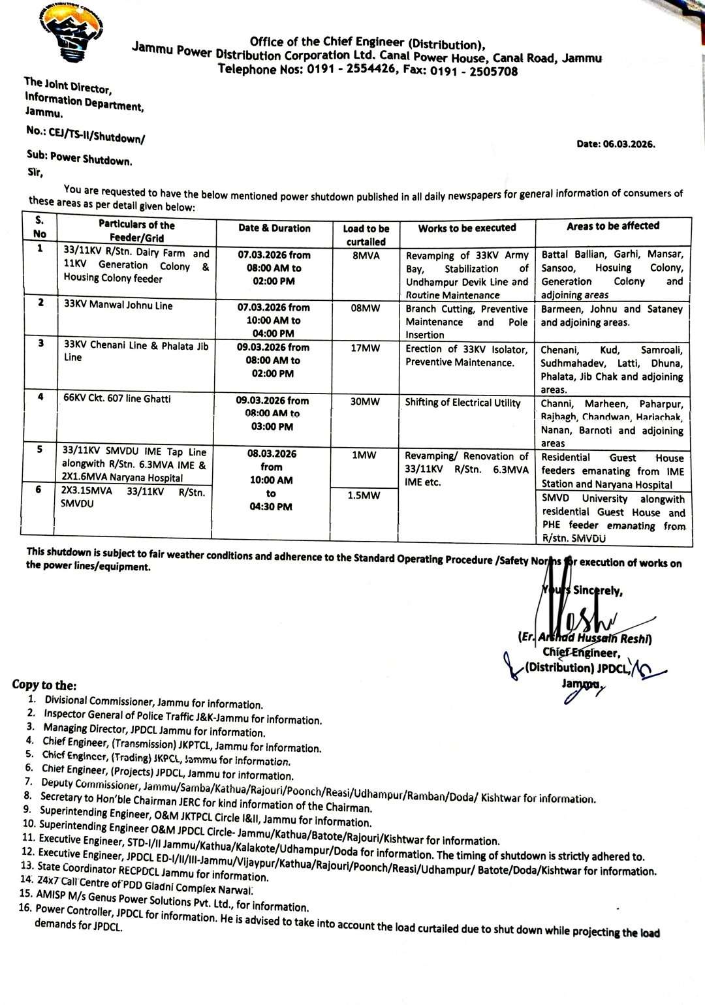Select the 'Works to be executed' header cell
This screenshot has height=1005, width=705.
point(467,228)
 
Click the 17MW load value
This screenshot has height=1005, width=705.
point(365,348)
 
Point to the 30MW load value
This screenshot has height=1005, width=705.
point(365,402)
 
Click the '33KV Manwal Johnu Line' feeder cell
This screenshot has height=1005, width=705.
point(118,305)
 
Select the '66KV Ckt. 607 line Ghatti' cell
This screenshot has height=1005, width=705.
point(117,398)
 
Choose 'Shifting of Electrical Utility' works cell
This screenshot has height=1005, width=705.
point(463,403)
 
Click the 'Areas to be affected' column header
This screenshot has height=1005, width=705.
point(613,226)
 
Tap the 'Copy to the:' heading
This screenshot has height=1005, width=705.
point(44,685)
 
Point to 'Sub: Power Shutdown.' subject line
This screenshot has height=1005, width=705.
point(79,160)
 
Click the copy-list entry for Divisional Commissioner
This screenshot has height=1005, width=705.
point(153,703)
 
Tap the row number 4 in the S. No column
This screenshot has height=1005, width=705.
point(40,397)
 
